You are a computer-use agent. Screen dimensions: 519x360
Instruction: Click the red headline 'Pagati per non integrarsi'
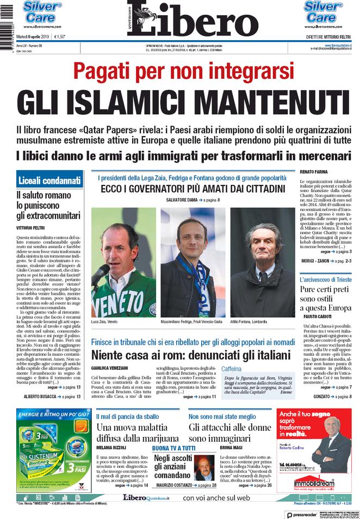pyautogui.click(x=180, y=71)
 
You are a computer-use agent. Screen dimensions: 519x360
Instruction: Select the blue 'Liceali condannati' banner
pyautogui.click(x=49, y=181)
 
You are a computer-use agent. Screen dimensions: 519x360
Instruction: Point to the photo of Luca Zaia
pyautogui.click(x=123, y=262)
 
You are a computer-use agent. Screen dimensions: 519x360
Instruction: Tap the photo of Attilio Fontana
pyautogui.click(x=262, y=262)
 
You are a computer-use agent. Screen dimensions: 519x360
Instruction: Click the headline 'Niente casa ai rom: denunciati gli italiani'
pyautogui.click(x=191, y=355)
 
